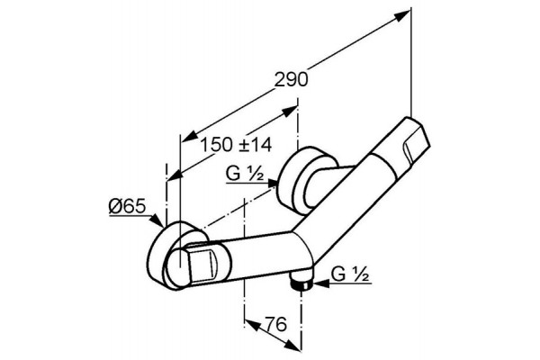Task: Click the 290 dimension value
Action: [291, 80]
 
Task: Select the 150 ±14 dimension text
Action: [236, 145]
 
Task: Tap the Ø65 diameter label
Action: [128, 206]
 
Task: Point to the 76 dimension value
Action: [276, 324]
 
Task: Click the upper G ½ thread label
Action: [245, 174]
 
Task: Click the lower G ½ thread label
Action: [351, 274]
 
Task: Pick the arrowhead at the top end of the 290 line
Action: [402, 16]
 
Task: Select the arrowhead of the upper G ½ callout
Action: [271, 184]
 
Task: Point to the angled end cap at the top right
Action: [414, 139]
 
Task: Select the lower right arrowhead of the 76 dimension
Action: [292, 346]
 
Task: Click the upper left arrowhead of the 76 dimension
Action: [252, 325]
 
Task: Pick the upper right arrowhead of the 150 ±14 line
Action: [289, 112]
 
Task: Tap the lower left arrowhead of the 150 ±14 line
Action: [175, 175]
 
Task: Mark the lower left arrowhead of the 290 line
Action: [189, 136]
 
